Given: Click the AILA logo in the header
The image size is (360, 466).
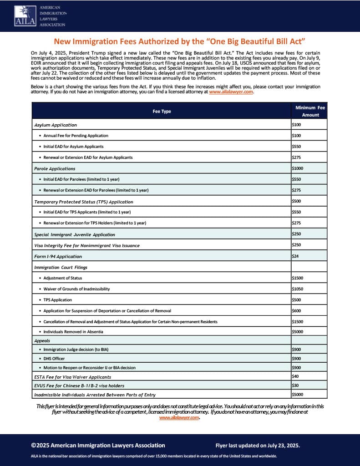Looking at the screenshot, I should [40, 16].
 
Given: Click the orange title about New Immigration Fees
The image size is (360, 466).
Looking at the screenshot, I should [179, 41].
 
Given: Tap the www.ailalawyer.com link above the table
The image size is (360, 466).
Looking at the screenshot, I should [231, 91].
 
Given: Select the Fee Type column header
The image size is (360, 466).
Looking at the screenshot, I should [162, 111].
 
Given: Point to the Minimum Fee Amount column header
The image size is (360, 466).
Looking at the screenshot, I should [310, 111].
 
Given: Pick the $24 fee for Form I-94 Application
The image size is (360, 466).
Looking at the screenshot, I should [295, 256].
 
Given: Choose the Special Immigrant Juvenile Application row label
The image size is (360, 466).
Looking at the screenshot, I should [75, 235].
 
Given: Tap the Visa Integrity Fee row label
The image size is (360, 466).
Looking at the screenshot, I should [87, 246].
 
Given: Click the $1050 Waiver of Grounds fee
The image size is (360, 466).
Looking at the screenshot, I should [297, 289].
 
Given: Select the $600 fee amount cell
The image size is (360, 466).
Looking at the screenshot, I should [296, 311].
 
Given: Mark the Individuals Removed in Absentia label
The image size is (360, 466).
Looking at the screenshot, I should [73, 332].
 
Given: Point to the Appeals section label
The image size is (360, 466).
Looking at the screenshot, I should [42, 340].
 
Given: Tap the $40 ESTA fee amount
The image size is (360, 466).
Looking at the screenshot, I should [295, 376].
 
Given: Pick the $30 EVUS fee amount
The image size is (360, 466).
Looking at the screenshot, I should [295, 385].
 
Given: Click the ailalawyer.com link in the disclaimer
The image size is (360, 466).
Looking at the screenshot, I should [179, 418].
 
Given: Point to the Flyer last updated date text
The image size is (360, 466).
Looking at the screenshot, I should [258, 446].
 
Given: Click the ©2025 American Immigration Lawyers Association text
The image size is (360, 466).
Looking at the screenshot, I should [98, 446].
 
